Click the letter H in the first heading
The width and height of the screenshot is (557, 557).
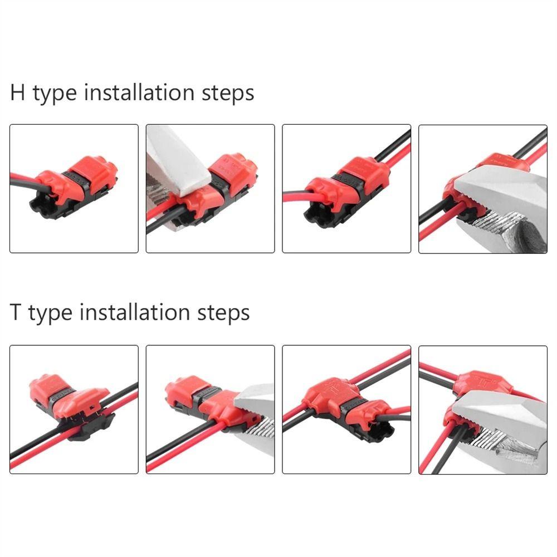(17, 92)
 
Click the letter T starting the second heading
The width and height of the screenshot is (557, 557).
(16, 312)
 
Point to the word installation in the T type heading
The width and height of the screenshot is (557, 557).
(136, 312)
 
